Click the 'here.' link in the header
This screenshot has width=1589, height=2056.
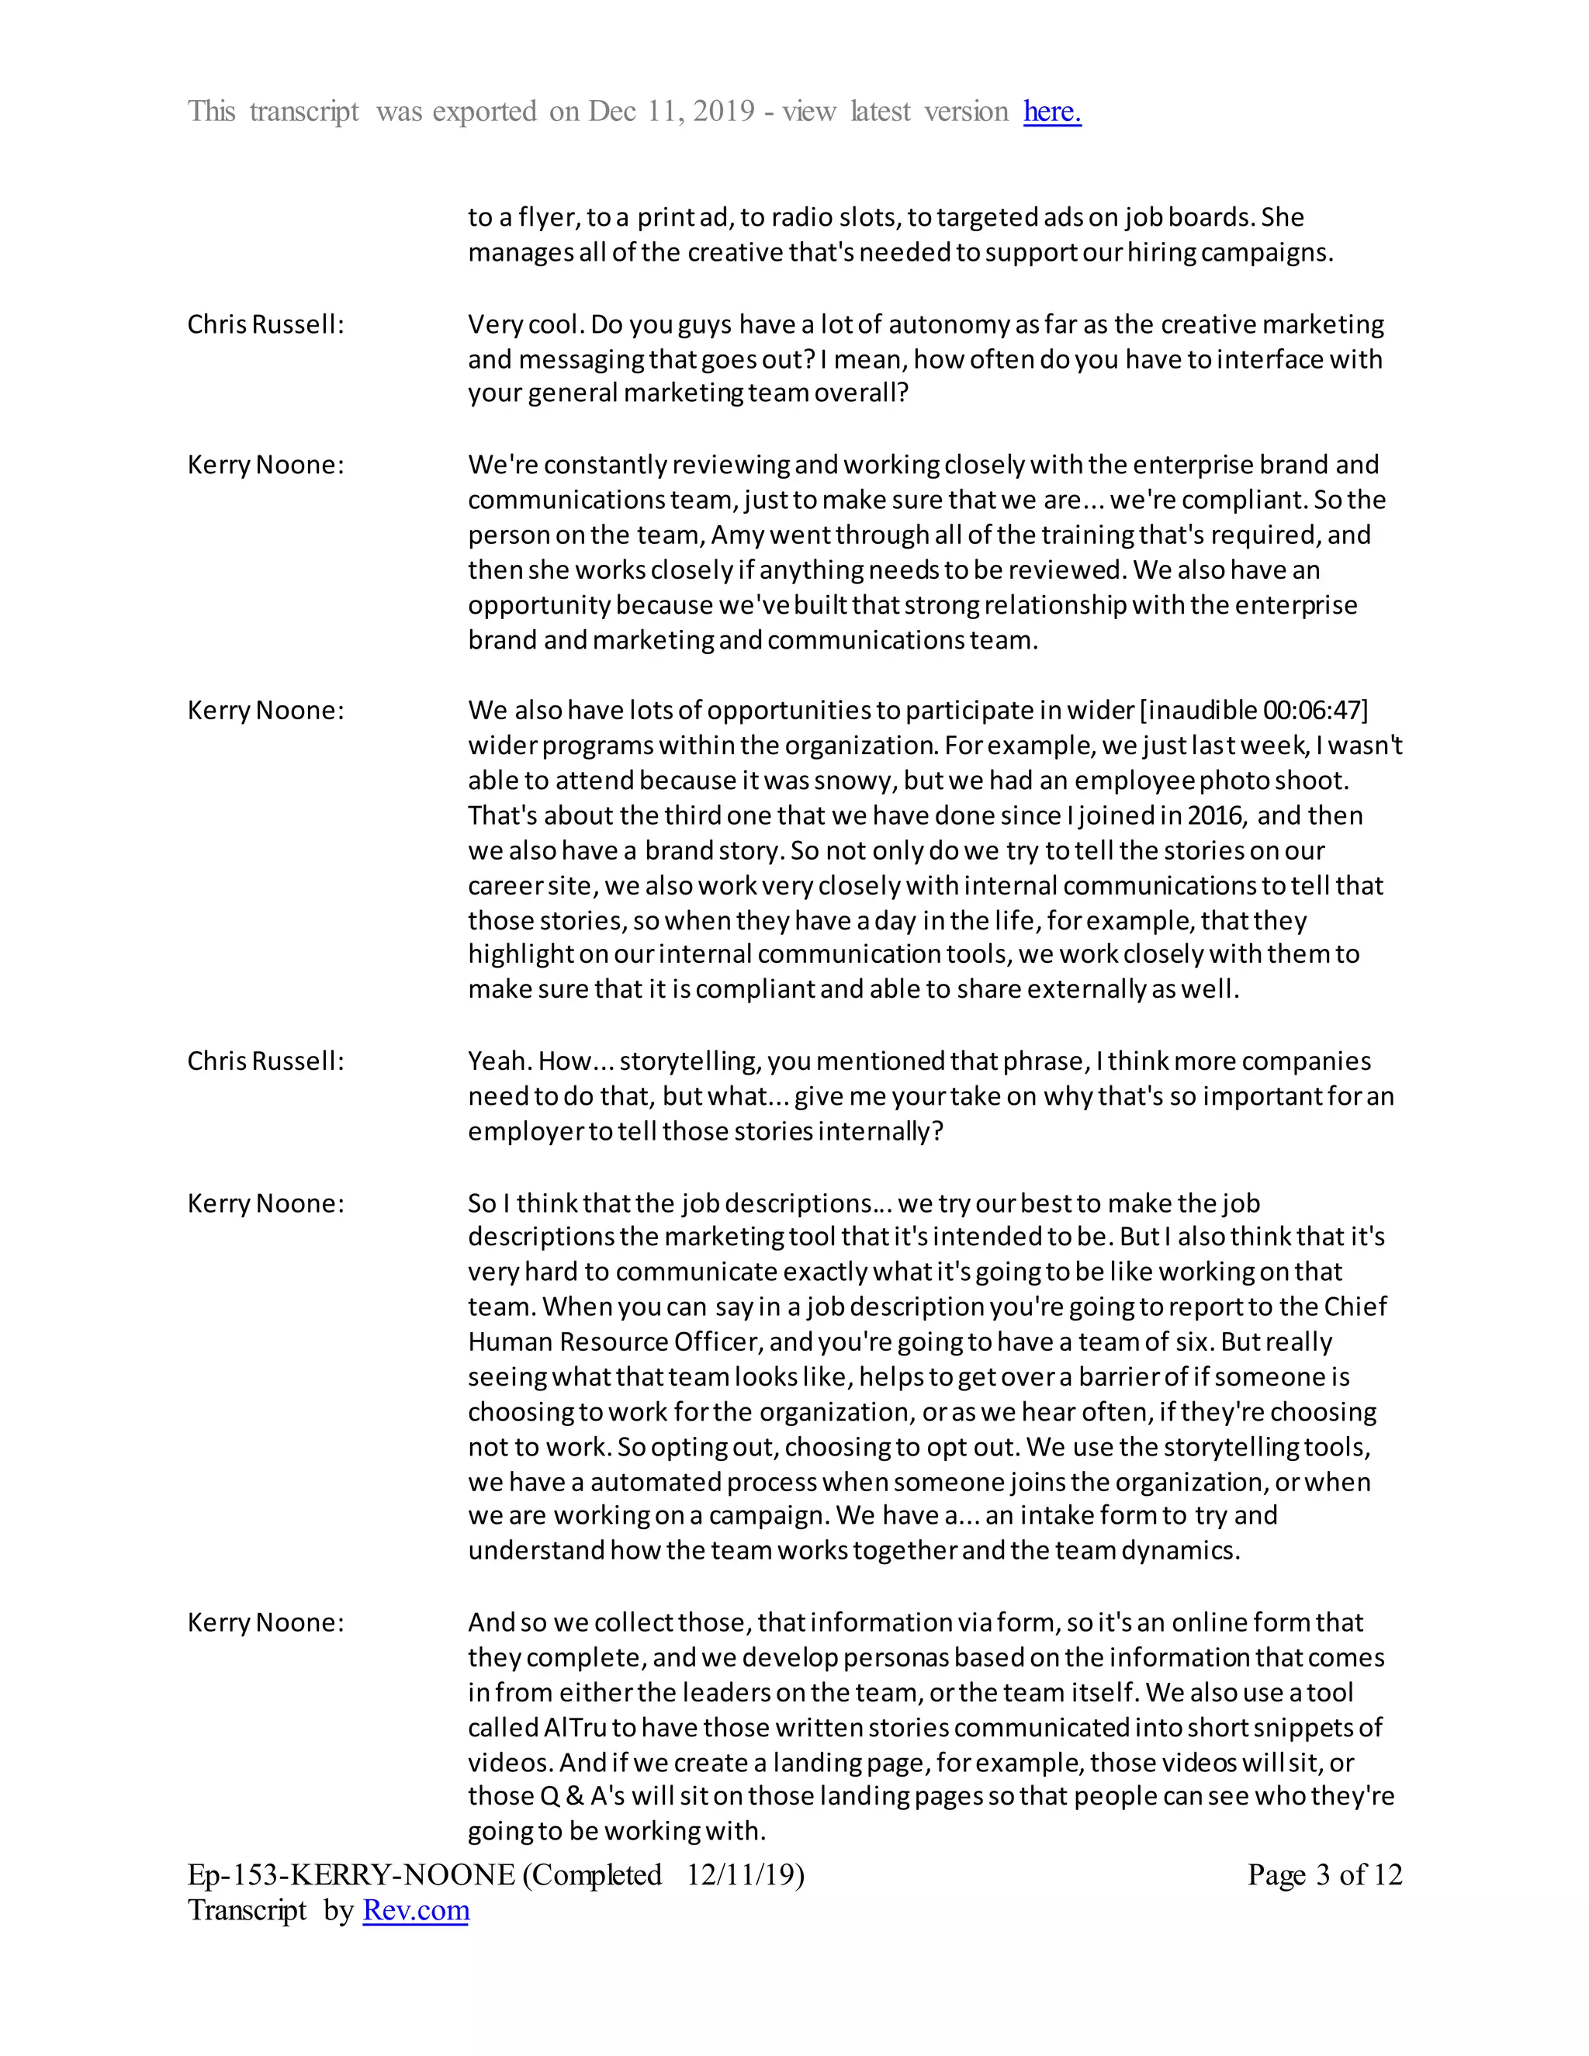[1051, 112]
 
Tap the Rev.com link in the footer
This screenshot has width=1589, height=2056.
[415, 1910]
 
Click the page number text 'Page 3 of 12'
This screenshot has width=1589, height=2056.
[1324, 1874]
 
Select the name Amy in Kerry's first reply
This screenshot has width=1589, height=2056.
[738, 535]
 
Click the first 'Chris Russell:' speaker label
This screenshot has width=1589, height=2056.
[265, 325]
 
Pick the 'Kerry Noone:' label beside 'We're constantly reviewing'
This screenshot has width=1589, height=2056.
[265, 465]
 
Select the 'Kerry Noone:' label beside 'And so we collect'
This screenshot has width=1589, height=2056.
[265, 1622]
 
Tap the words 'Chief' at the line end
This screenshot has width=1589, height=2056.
[1355, 1307]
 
